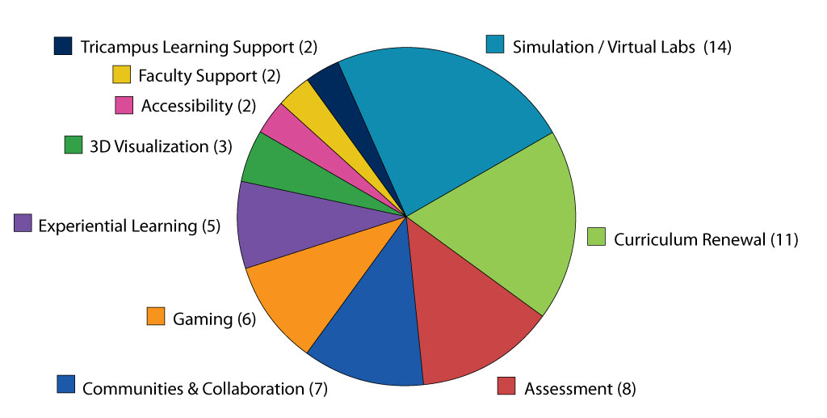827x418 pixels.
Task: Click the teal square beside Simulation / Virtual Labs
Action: click(495, 44)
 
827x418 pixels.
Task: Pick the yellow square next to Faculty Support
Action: click(121, 74)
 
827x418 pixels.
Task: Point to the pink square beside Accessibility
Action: click(124, 105)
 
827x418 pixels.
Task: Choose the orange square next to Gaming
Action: click(156, 316)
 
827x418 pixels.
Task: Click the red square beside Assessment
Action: click(506, 386)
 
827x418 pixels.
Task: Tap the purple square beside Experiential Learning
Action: click(23, 222)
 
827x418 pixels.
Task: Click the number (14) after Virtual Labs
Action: click(717, 47)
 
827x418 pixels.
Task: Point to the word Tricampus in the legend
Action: click(120, 48)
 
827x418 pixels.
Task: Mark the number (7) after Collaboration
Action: click(318, 389)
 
